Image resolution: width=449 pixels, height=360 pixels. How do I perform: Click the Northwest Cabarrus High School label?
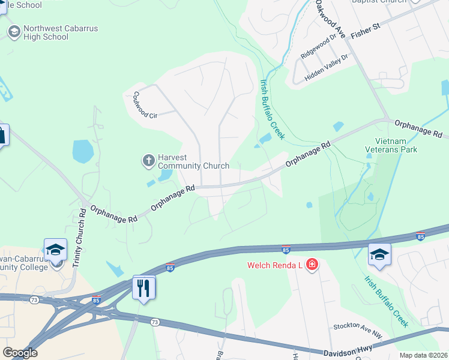(x=61, y=32)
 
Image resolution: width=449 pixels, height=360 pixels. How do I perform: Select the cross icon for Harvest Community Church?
(x=148, y=160)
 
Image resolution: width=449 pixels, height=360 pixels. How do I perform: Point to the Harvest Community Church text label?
(x=193, y=162)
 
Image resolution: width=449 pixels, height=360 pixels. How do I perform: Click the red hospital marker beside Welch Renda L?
(x=312, y=265)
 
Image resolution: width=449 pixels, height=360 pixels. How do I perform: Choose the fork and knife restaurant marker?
(x=143, y=288)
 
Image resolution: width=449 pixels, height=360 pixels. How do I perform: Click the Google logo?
(x=20, y=353)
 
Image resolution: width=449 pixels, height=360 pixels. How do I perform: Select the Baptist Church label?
(x=378, y=2)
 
